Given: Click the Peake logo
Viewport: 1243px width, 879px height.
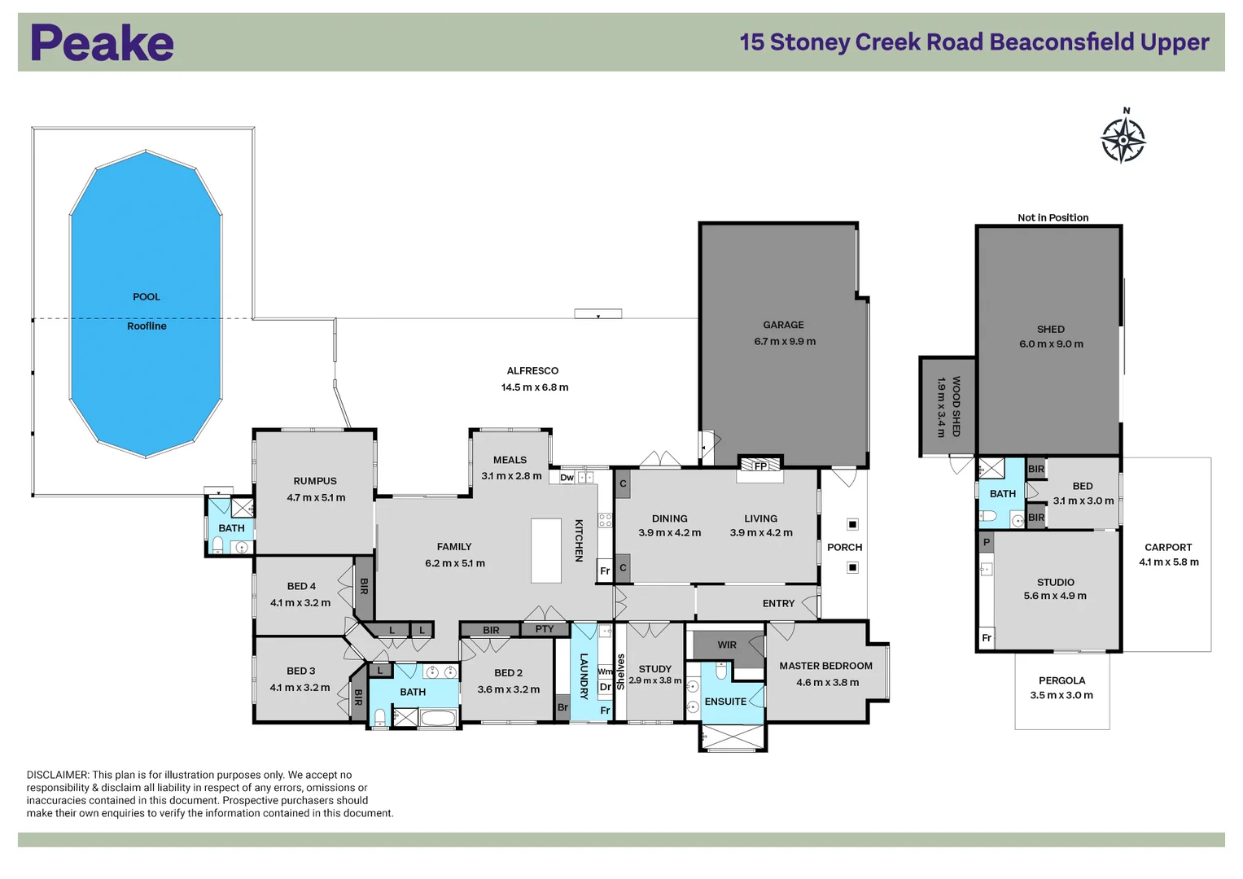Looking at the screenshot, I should [102, 43].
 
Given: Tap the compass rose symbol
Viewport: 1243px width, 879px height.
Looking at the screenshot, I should [1123, 139].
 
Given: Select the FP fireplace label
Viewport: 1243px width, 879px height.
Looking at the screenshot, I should [760, 466].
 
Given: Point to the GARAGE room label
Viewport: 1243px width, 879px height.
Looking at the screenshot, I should [783, 325].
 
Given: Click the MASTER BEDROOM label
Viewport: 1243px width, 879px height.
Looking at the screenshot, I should [825, 666].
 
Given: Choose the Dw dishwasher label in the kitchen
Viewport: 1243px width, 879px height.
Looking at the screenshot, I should [567, 478].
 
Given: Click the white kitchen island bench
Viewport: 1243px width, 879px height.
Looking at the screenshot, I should [546, 551].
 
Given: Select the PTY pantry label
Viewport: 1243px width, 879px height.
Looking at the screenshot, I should [545, 629].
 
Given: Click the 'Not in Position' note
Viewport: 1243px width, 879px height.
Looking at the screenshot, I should [1053, 217].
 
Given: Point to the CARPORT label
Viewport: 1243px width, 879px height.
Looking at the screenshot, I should [1167, 547].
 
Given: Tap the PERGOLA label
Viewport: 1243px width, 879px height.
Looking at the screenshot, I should [1061, 680].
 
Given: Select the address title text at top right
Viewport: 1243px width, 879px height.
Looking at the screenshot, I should [974, 42].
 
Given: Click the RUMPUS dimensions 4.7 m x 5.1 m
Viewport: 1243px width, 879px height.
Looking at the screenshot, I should [316, 497].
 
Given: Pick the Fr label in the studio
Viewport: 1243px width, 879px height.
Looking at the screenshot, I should [986, 638].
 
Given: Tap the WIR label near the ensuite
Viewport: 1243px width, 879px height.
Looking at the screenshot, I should [727, 645].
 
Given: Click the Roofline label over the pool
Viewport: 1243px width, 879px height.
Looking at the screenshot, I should [147, 326].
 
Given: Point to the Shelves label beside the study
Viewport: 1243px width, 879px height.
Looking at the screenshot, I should [620, 672].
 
